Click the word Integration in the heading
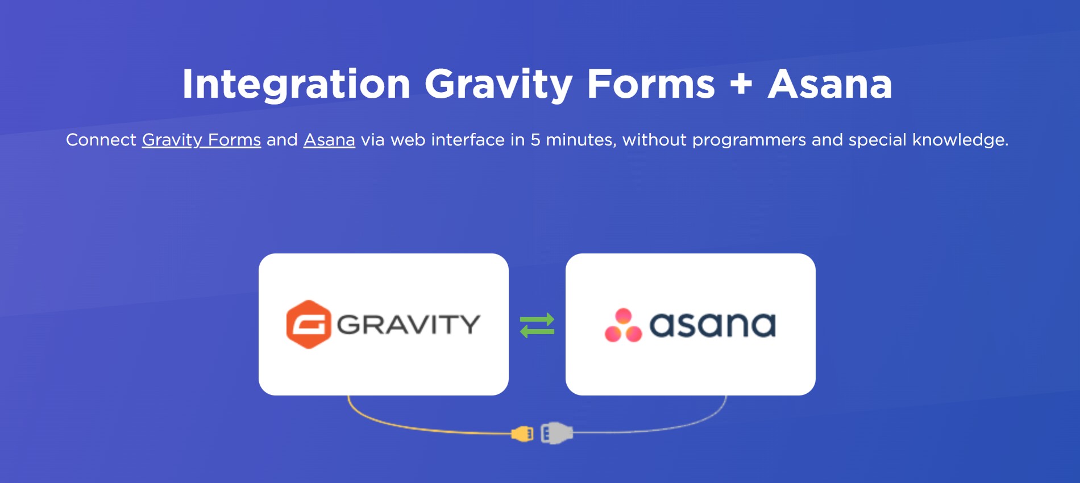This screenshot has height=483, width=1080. point(296,85)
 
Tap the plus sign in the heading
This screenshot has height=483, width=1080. point(741,84)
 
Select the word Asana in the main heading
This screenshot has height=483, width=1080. point(830,84)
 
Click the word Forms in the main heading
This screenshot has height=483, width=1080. point(651,84)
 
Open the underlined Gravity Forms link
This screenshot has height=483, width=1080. point(201,140)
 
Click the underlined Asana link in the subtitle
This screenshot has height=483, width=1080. point(329,140)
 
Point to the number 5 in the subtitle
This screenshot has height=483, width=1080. point(535,140)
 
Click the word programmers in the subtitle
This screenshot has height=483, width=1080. point(749,140)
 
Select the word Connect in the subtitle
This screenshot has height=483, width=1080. point(101,140)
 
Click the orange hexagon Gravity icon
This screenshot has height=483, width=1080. point(309,324)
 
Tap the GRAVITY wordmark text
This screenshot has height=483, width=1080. point(409,324)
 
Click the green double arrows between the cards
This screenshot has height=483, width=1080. point(537,325)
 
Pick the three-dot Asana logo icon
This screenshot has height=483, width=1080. point(623,325)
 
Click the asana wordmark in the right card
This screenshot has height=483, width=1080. point(712,325)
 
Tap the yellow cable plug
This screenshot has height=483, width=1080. point(522,434)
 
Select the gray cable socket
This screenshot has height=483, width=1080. point(556,433)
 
